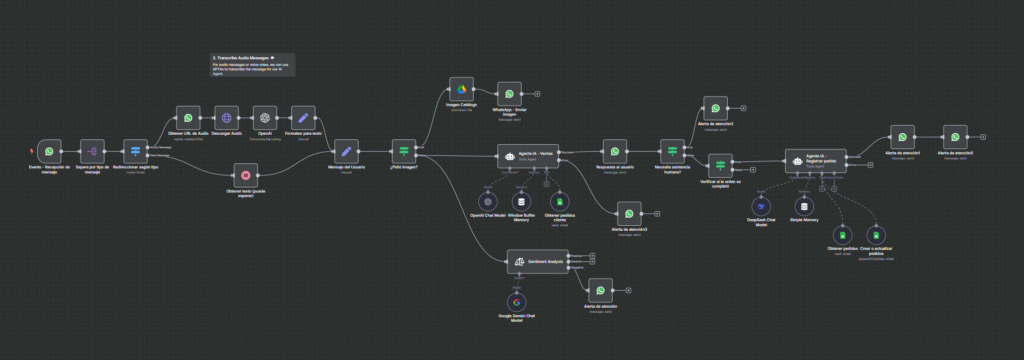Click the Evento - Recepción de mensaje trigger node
(x=49, y=151)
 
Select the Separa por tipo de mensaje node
(x=93, y=151)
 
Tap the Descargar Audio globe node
(x=227, y=118)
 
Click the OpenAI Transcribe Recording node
(x=265, y=118)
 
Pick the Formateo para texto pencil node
(x=303, y=118)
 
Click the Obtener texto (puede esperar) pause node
(x=246, y=175)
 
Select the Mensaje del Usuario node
(x=347, y=151)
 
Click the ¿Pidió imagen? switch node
(x=404, y=151)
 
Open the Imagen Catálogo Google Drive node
(x=461, y=89)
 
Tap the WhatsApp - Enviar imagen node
(x=509, y=94)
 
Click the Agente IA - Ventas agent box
(x=528, y=156)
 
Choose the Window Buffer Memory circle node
(x=522, y=202)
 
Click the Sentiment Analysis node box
(x=538, y=261)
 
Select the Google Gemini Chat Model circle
(x=517, y=303)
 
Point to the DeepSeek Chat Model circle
(x=761, y=207)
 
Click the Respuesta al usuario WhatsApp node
(x=615, y=151)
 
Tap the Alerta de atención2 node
(x=715, y=108)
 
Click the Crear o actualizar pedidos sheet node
(x=876, y=235)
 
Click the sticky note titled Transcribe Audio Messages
(x=252, y=65)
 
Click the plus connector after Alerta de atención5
(x=983, y=137)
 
